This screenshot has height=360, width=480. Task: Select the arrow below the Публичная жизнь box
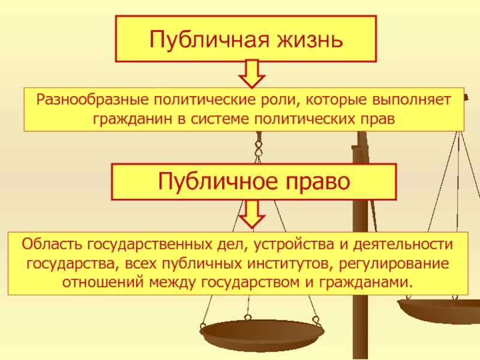pos(253,74)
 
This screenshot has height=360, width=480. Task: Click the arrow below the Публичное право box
pos(253,214)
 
